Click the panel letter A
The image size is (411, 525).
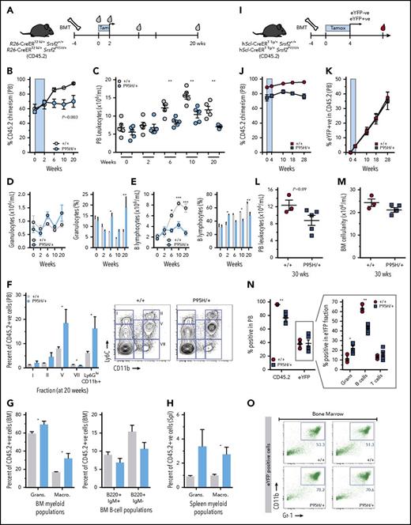(x=6, y=6)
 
